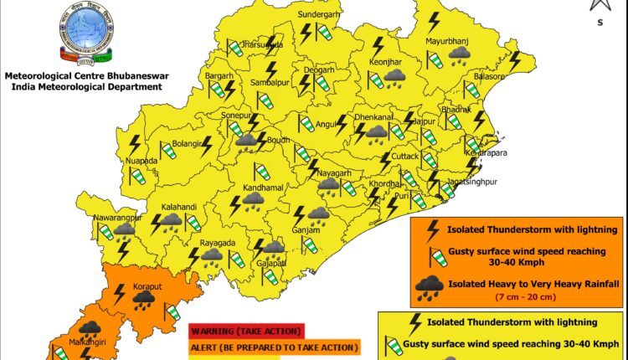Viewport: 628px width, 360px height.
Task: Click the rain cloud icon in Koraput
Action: tap(144, 298)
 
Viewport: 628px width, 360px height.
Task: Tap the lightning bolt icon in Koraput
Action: tap(120, 294)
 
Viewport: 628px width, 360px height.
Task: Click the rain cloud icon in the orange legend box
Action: tap(430, 287)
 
